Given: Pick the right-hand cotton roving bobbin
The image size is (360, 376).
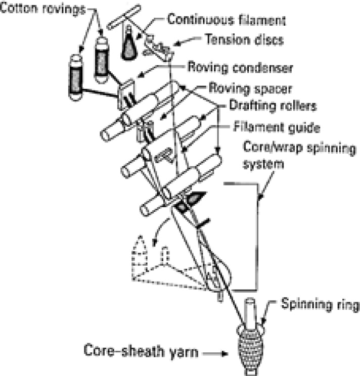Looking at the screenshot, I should pos(103,60).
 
